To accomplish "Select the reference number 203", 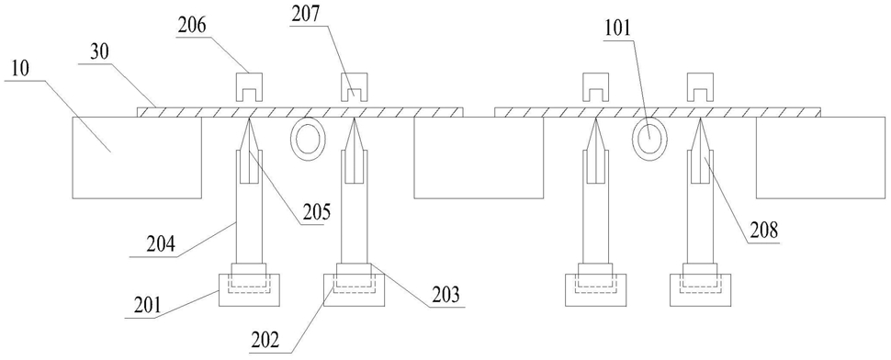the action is click(444, 297).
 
